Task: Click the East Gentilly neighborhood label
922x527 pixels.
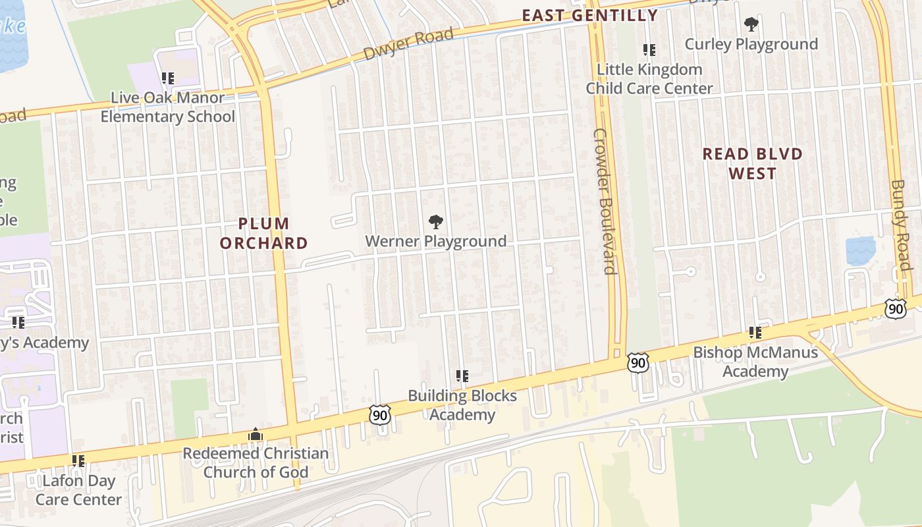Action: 589,15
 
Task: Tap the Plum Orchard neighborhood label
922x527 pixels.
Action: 263,233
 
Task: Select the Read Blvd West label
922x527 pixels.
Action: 753,163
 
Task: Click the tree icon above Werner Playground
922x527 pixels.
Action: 435,222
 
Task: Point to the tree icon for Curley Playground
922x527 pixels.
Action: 751,25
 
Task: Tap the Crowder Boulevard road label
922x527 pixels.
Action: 604,201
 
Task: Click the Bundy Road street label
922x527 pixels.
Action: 900,225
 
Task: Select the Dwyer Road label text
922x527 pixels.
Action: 408,44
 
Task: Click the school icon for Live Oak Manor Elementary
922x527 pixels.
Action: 168,78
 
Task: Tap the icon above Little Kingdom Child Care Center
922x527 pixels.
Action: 649,50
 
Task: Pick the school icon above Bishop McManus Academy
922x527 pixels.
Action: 755,333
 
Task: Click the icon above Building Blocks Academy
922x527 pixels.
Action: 462,376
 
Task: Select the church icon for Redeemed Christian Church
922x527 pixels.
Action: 256,435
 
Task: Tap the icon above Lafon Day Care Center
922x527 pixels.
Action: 78,461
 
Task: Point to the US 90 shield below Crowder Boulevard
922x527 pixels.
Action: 637,362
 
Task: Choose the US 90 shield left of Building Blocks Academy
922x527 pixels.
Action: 380,415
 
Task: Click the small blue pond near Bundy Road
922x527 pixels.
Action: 860,250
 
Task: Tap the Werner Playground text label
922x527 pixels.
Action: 435,241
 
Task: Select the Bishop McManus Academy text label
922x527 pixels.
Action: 755,362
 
